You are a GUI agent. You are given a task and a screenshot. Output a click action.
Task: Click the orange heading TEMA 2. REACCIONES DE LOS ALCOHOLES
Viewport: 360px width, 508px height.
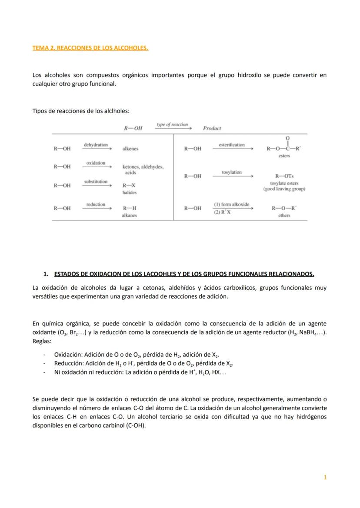90,48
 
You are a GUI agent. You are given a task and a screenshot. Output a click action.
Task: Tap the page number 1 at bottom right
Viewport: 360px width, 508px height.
325,477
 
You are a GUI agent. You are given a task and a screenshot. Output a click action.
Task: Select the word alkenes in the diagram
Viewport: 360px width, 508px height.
130,149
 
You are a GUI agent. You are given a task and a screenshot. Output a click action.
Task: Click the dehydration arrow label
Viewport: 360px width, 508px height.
96,144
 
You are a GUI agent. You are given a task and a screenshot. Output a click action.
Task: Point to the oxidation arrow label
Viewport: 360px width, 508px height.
96,163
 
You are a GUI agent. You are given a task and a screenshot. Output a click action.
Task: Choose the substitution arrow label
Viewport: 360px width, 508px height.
96,181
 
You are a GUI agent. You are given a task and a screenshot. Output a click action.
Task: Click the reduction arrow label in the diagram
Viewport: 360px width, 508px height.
96,204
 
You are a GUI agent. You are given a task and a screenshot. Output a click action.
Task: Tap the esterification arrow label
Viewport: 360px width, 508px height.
232,145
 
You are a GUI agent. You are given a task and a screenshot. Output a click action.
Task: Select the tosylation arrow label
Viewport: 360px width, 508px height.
232,172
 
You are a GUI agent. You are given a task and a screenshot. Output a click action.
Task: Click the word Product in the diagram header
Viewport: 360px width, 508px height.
212,128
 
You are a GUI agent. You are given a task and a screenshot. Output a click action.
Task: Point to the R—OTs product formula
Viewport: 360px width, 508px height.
284,176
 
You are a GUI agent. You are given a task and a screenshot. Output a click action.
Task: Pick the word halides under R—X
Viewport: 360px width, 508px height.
129,192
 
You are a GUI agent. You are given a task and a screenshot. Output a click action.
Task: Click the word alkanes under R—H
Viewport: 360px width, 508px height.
129,215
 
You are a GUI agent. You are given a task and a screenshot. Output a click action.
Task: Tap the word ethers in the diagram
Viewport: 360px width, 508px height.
284,215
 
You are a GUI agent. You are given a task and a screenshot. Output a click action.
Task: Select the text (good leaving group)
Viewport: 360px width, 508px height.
284,189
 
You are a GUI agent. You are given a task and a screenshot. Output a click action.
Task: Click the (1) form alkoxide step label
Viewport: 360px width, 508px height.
231,204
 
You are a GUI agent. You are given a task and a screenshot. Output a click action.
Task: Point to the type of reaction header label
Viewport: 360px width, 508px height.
172,125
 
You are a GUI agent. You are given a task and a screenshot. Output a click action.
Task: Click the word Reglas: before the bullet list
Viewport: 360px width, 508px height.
42,341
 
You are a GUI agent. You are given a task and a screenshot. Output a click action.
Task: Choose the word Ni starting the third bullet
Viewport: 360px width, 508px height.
57,372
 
